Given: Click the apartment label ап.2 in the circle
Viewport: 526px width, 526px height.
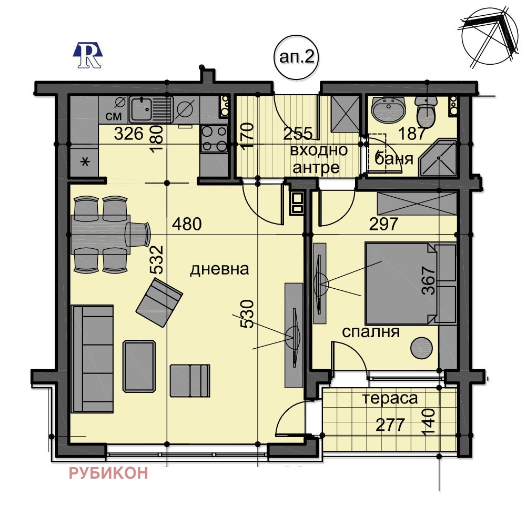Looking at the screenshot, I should point(297,58).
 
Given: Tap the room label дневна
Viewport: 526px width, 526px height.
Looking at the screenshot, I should point(219,270).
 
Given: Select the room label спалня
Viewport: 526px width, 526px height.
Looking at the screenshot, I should point(371,332).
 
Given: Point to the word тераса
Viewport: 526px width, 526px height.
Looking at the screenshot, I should point(390,398).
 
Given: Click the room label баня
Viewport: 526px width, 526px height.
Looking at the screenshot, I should point(392,158).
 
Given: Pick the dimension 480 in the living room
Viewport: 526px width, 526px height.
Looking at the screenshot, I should point(187,225).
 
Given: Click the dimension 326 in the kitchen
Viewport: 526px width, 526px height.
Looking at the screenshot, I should point(128,134).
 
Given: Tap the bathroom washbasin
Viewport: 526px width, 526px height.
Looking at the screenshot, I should point(389,109).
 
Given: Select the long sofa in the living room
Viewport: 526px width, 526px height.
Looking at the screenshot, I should point(93,358).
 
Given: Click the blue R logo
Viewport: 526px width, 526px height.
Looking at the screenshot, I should point(88,55).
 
